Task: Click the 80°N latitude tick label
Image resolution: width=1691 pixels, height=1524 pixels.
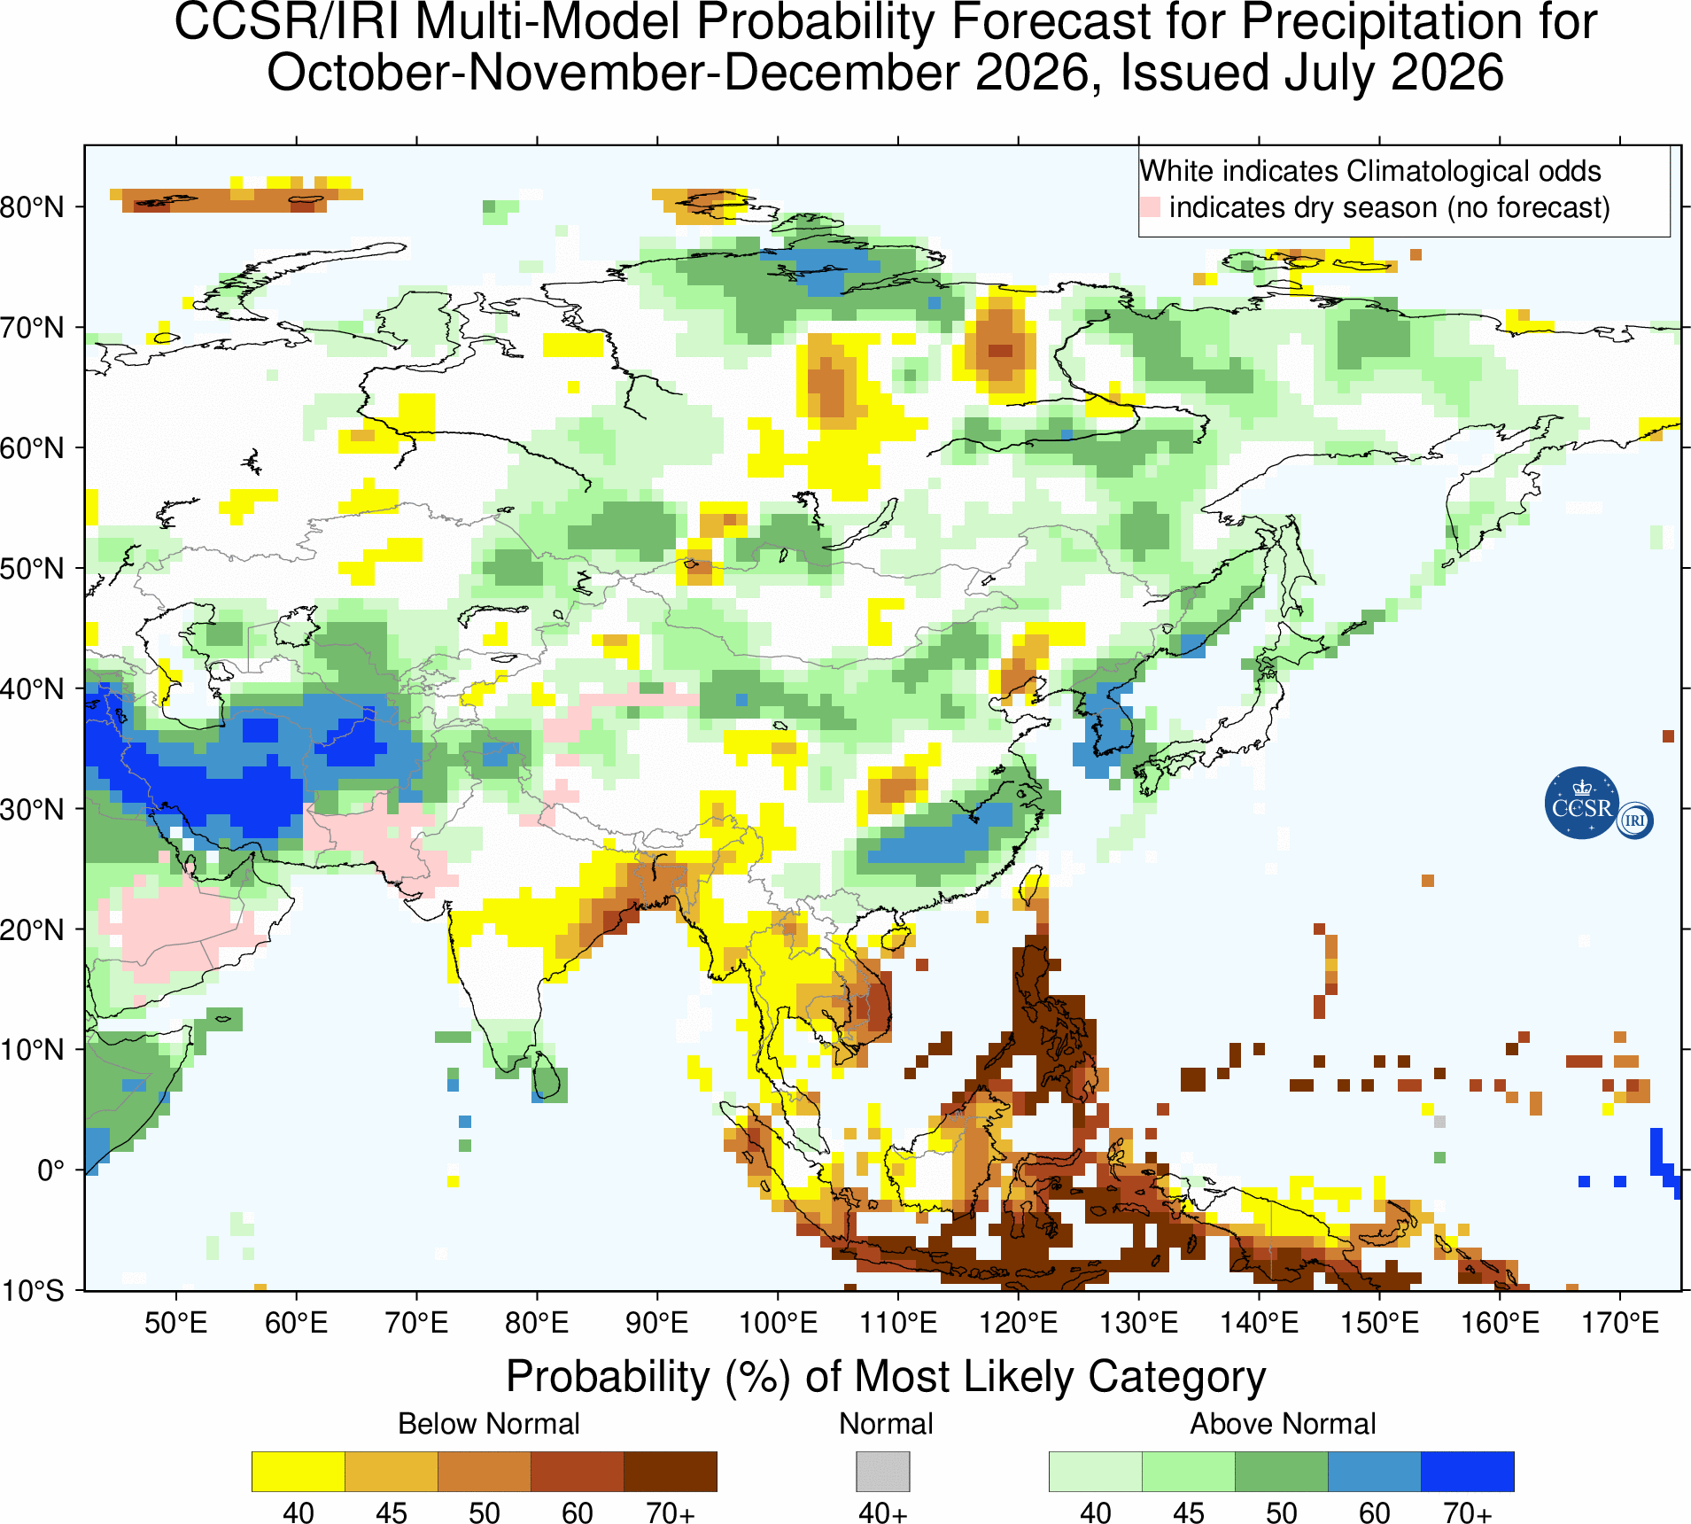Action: pos(32,207)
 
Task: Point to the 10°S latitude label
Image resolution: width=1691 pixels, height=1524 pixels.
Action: pos(32,1290)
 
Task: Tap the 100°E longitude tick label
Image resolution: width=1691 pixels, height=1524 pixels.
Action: pos(778,1323)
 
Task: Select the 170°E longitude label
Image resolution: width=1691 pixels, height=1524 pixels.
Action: pos(1620,1323)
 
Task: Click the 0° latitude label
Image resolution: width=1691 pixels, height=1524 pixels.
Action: pos(50,1170)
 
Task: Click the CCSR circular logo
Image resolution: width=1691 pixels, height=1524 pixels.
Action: pos(1582,803)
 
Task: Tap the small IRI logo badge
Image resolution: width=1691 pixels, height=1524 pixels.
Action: pos(1634,820)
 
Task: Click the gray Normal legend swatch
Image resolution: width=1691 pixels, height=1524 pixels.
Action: pos(882,1472)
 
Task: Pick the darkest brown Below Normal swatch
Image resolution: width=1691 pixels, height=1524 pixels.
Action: pos(671,1472)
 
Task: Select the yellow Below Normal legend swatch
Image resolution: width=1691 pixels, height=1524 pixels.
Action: pos(299,1472)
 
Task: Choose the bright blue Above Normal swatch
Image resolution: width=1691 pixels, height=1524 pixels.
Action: pos(1468,1472)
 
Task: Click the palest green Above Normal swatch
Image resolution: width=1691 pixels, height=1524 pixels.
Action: pos(1096,1472)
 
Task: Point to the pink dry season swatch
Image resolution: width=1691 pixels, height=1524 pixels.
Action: pos(1150,207)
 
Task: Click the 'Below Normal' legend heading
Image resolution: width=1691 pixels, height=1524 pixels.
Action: pos(489,1423)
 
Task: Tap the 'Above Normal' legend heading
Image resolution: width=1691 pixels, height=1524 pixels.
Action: pos(1283,1423)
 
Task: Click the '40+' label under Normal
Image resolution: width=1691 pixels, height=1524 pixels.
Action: pos(882,1512)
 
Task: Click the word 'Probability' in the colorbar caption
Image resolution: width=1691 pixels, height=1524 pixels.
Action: pos(609,1376)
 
